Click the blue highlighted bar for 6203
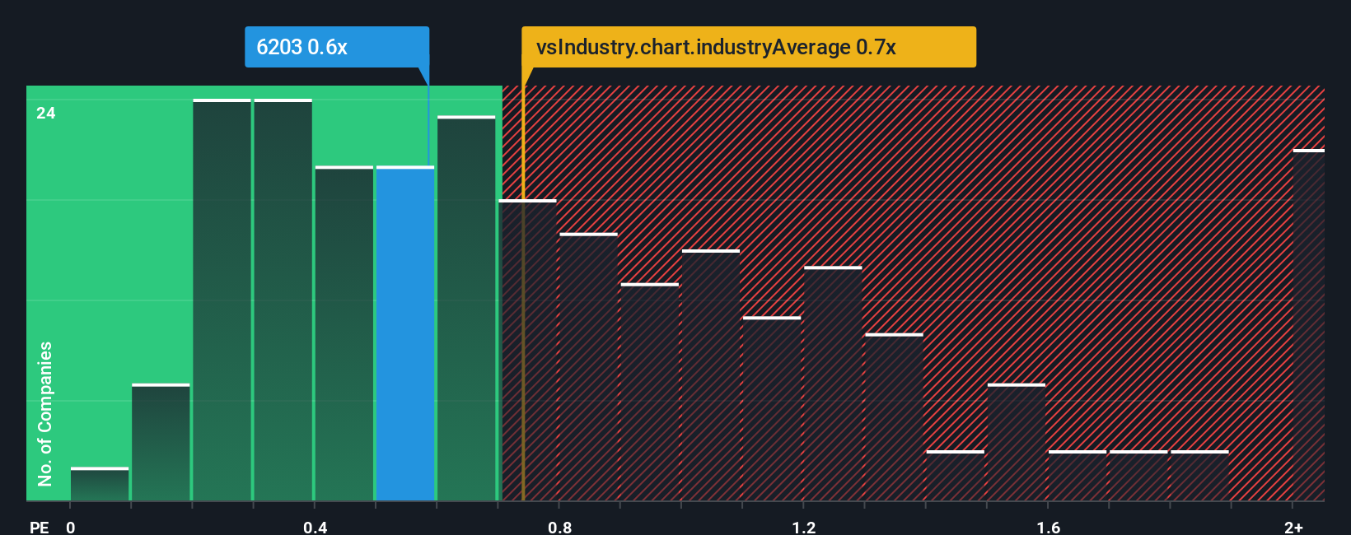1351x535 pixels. [405, 333]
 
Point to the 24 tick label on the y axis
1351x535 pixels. [46, 114]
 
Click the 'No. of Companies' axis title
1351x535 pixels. [45, 413]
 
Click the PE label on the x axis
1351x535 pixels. [39, 527]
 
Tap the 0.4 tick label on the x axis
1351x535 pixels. [315, 527]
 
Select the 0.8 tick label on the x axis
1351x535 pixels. [559, 527]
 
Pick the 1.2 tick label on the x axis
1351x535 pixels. [804, 527]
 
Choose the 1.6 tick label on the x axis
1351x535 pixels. [1048, 527]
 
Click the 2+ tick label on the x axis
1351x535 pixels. [1293, 527]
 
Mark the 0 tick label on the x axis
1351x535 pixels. [71, 527]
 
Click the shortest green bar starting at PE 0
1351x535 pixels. [100, 485]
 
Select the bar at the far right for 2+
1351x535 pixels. [1308, 325]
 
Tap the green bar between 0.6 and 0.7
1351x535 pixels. [466, 309]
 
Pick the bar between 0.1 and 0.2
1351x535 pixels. [161, 443]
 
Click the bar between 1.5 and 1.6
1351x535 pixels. [1016, 443]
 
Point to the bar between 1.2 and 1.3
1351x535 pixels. [833, 384]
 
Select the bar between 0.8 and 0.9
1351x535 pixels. [588, 367]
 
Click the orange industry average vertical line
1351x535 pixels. [523, 329]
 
